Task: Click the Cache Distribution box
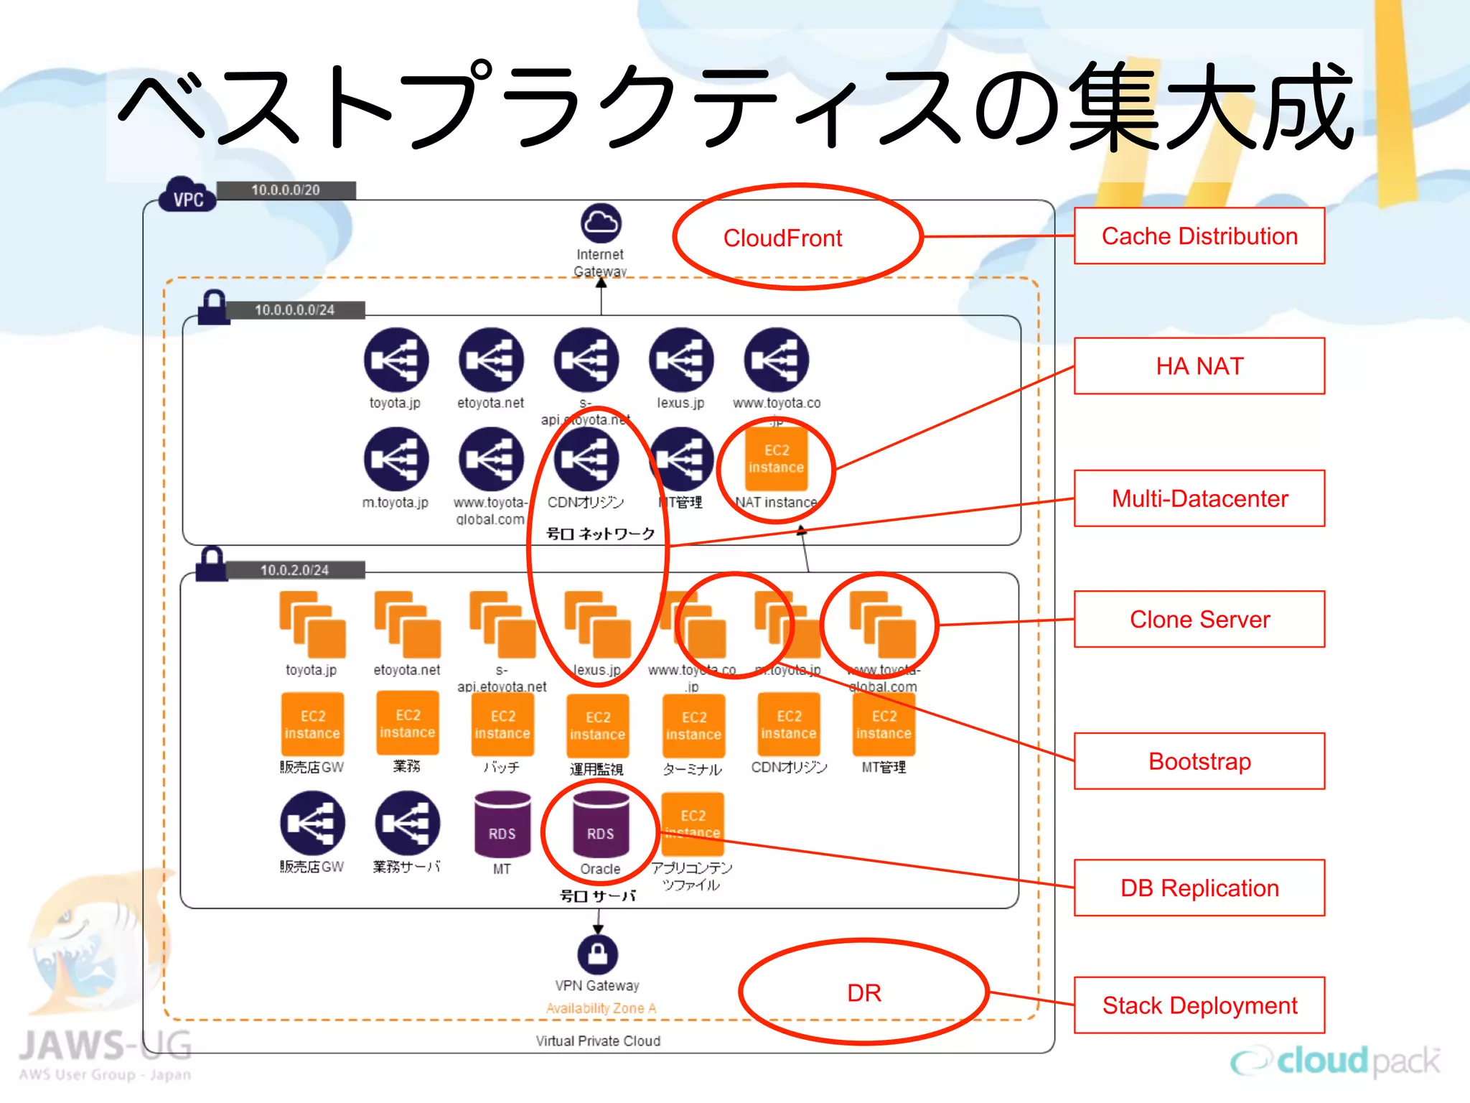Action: click(x=1199, y=236)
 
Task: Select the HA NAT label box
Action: click(x=1199, y=366)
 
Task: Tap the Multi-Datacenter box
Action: click(x=1199, y=498)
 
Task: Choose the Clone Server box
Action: click(x=1199, y=619)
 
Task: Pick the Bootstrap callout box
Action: click(x=1199, y=761)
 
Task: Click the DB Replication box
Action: click(x=1199, y=888)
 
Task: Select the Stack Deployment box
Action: click(x=1199, y=1005)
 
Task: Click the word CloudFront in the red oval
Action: click(x=782, y=238)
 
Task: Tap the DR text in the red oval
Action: click(x=863, y=993)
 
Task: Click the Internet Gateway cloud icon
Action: click(x=601, y=223)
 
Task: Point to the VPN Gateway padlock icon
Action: click(x=597, y=954)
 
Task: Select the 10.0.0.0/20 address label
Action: click(x=286, y=190)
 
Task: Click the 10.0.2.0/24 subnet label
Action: click(x=294, y=570)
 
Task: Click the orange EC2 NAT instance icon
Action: click(x=776, y=459)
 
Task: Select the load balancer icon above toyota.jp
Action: click(x=395, y=360)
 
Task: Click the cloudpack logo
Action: click(x=1335, y=1061)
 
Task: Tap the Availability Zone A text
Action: click(x=601, y=1008)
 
